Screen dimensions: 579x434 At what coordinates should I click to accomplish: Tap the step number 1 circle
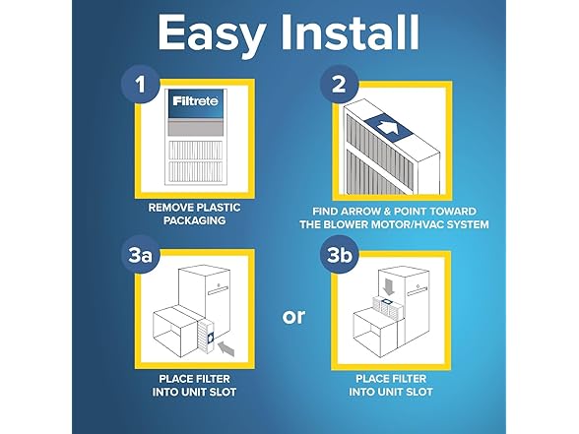point(141,85)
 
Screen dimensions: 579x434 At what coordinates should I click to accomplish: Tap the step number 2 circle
point(339,84)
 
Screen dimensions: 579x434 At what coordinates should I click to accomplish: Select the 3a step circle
point(141,254)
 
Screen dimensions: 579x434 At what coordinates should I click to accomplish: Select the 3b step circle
point(339,254)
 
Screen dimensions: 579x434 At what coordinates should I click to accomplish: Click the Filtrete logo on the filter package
point(195,101)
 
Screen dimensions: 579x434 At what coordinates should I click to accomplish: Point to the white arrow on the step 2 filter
point(387,128)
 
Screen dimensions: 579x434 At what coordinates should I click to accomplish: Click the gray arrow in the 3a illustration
point(226,348)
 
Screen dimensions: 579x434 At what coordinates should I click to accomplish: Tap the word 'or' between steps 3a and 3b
point(293,317)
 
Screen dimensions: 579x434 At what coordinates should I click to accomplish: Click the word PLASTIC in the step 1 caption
point(220,208)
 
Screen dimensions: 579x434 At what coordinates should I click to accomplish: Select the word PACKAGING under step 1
point(195,220)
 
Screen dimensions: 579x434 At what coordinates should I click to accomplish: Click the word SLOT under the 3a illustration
point(223,392)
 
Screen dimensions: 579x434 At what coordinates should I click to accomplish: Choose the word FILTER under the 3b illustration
point(410,379)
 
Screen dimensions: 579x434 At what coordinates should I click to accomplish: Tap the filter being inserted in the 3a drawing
point(206,336)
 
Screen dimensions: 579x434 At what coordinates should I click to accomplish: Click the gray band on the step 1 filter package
point(195,128)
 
